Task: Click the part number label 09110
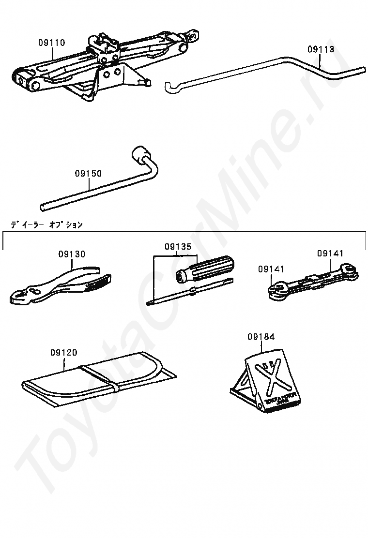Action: (x=51, y=43)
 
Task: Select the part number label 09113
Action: (x=321, y=49)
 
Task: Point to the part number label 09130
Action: (x=72, y=254)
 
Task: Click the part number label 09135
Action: (x=178, y=246)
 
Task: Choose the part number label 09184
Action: (x=261, y=336)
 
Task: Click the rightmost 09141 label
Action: (x=330, y=253)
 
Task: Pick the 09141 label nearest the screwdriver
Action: (x=271, y=269)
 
